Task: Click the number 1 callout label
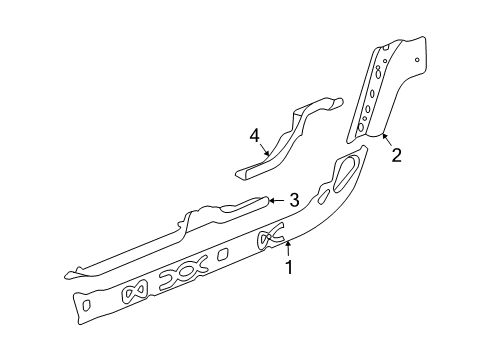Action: tap(289, 267)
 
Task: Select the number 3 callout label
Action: tap(293, 201)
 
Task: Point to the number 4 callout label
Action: tap(255, 135)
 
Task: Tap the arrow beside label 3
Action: tap(275, 201)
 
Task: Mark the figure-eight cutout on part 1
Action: tap(134, 290)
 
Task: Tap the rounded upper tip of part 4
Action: tap(331, 100)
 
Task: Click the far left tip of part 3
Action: tap(68, 272)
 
